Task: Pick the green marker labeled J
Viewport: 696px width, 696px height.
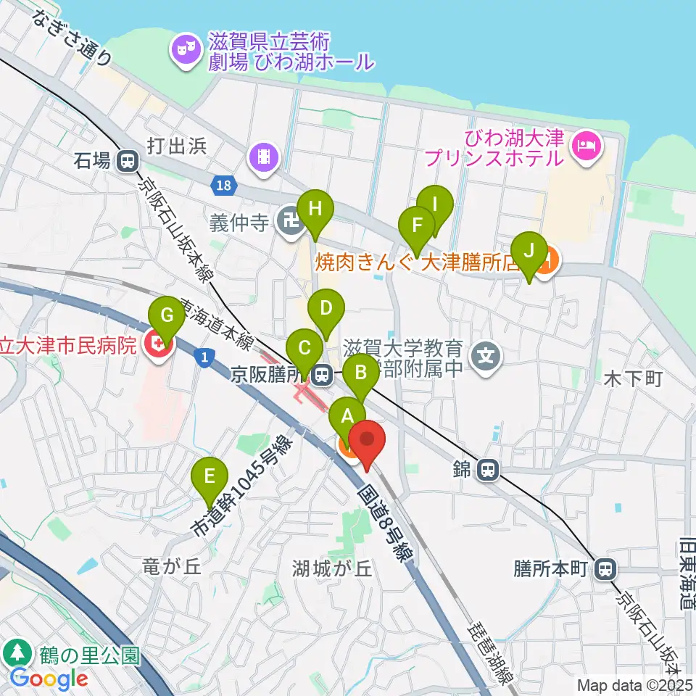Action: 529,251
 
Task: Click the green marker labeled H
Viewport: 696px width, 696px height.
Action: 315,209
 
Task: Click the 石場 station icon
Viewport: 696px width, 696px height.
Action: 129,161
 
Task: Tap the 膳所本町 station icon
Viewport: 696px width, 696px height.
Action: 604,569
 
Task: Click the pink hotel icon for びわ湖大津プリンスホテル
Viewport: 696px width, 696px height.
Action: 584,145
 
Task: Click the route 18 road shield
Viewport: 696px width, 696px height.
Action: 225,186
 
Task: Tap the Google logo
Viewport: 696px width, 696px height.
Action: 49,679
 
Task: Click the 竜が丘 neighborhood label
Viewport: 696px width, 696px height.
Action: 171,568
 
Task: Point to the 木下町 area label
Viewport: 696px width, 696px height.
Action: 633,378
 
